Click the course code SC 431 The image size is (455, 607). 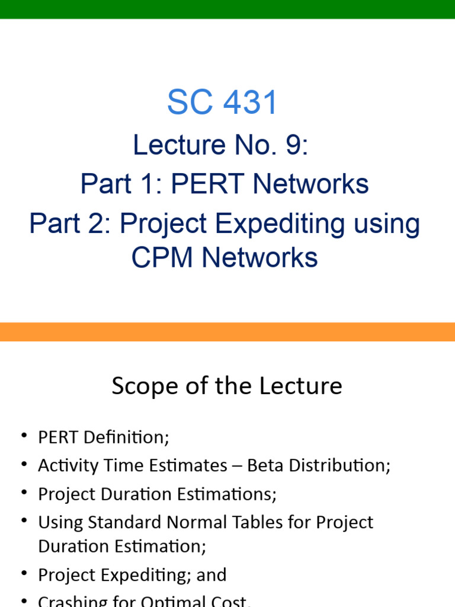pyautogui.click(x=222, y=103)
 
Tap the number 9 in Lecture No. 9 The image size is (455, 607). pyautogui.click(x=294, y=145)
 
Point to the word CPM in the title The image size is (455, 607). pyautogui.click(x=159, y=258)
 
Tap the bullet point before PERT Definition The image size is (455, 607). pyautogui.click(x=24, y=436)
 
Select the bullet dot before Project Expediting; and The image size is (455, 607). pyautogui.click(x=24, y=574)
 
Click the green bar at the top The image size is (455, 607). pyautogui.click(x=227, y=9)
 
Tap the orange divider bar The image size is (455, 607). pyautogui.click(x=227, y=331)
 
